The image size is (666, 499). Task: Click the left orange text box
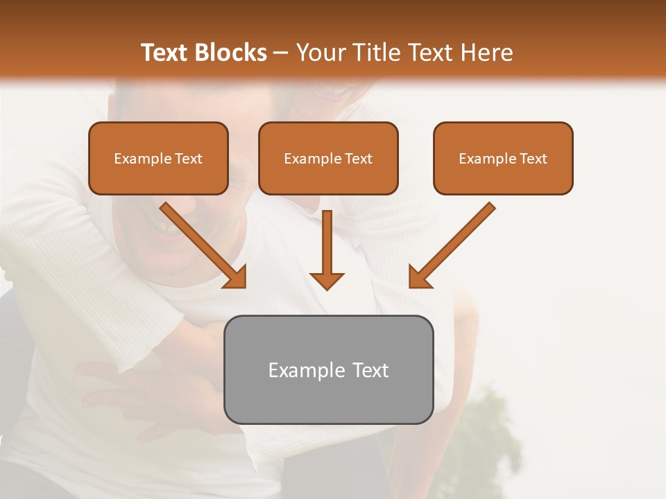pyautogui.click(x=158, y=158)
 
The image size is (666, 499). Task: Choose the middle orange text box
pyautogui.click(x=328, y=158)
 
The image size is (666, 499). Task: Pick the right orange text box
pyautogui.click(x=503, y=158)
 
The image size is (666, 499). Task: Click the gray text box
pyautogui.click(x=328, y=369)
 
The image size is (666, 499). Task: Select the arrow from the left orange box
pyautogui.click(x=203, y=244)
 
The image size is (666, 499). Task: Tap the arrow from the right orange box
pyautogui.click(x=452, y=244)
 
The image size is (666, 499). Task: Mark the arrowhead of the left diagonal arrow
pyautogui.click(x=236, y=277)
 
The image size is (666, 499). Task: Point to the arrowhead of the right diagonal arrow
pyautogui.click(x=419, y=277)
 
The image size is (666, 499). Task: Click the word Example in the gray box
pyautogui.click(x=298, y=370)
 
